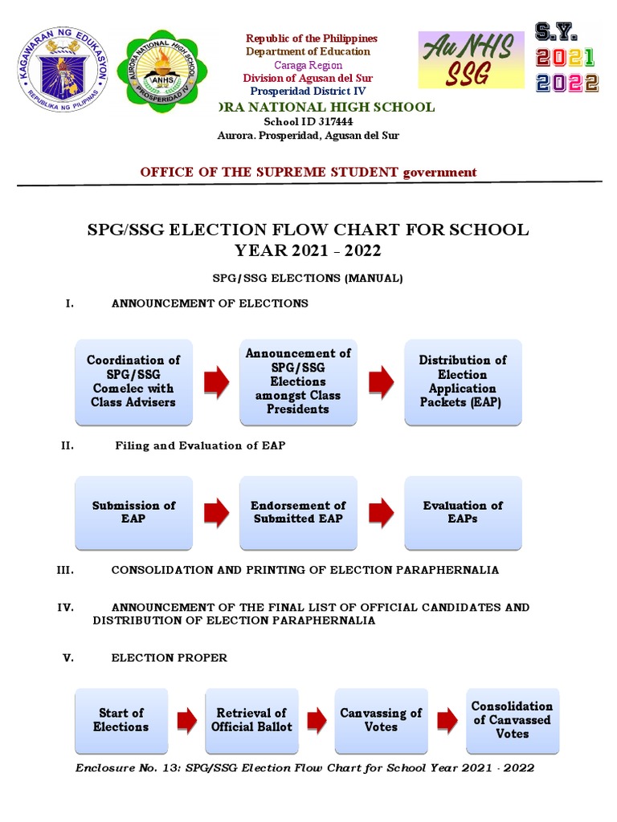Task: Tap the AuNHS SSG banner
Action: tap(472, 60)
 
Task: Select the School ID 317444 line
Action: tap(308, 122)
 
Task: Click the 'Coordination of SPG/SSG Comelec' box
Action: tap(133, 381)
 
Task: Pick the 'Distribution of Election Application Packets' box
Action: tap(463, 381)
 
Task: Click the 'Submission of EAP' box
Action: tap(133, 512)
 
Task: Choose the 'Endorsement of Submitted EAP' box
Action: tap(298, 512)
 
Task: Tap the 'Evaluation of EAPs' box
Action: tap(463, 512)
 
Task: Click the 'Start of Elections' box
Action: tap(121, 720)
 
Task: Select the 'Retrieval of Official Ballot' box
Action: tap(251, 720)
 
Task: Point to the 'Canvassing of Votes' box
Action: tap(381, 720)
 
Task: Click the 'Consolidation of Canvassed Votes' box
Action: tap(513, 720)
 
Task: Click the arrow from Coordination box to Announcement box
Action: tap(216, 382)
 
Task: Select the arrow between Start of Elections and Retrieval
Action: tap(186, 720)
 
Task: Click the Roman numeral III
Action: tap(65, 570)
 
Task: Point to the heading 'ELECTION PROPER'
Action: tap(169, 658)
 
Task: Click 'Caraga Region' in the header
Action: tap(308, 65)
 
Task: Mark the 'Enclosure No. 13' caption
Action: tap(304, 768)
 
